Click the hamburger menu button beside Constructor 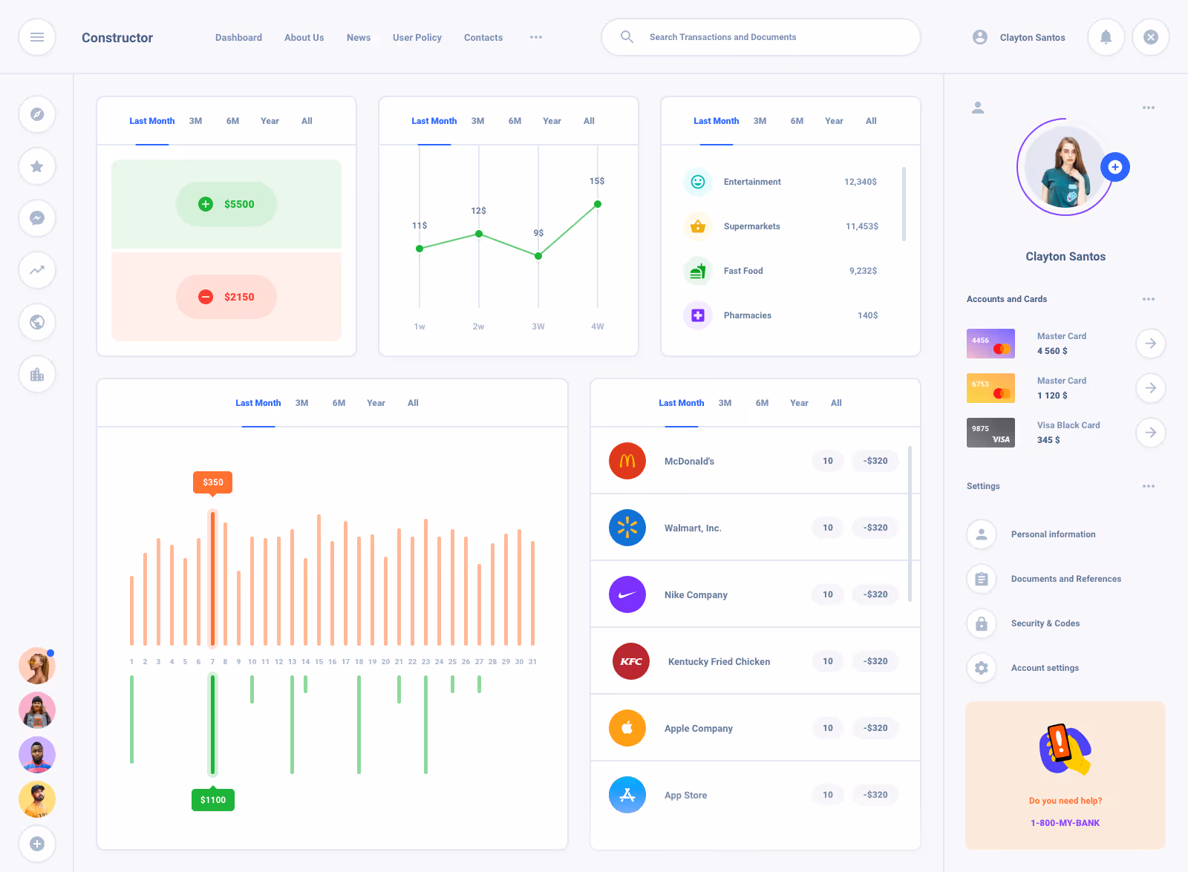[x=37, y=37]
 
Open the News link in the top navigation [x=359, y=38]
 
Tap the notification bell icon [x=1106, y=37]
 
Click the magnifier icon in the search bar [x=627, y=37]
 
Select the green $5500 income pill [x=226, y=204]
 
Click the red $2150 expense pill [x=226, y=297]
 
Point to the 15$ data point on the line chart [x=598, y=204]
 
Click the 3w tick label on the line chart [x=538, y=327]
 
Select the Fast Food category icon [x=697, y=271]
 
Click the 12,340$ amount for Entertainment [x=861, y=182]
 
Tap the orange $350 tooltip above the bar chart [x=213, y=482]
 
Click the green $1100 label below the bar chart [x=213, y=799]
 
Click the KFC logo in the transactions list [x=630, y=661]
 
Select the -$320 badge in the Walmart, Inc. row [x=875, y=528]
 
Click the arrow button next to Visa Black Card [x=1150, y=433]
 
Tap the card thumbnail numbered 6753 [x=990, y=388]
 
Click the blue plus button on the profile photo [x=1114, y=167]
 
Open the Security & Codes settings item [x=1045, y=623]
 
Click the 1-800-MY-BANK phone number [x=1065, y=823]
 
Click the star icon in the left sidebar [x=37, y=166]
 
